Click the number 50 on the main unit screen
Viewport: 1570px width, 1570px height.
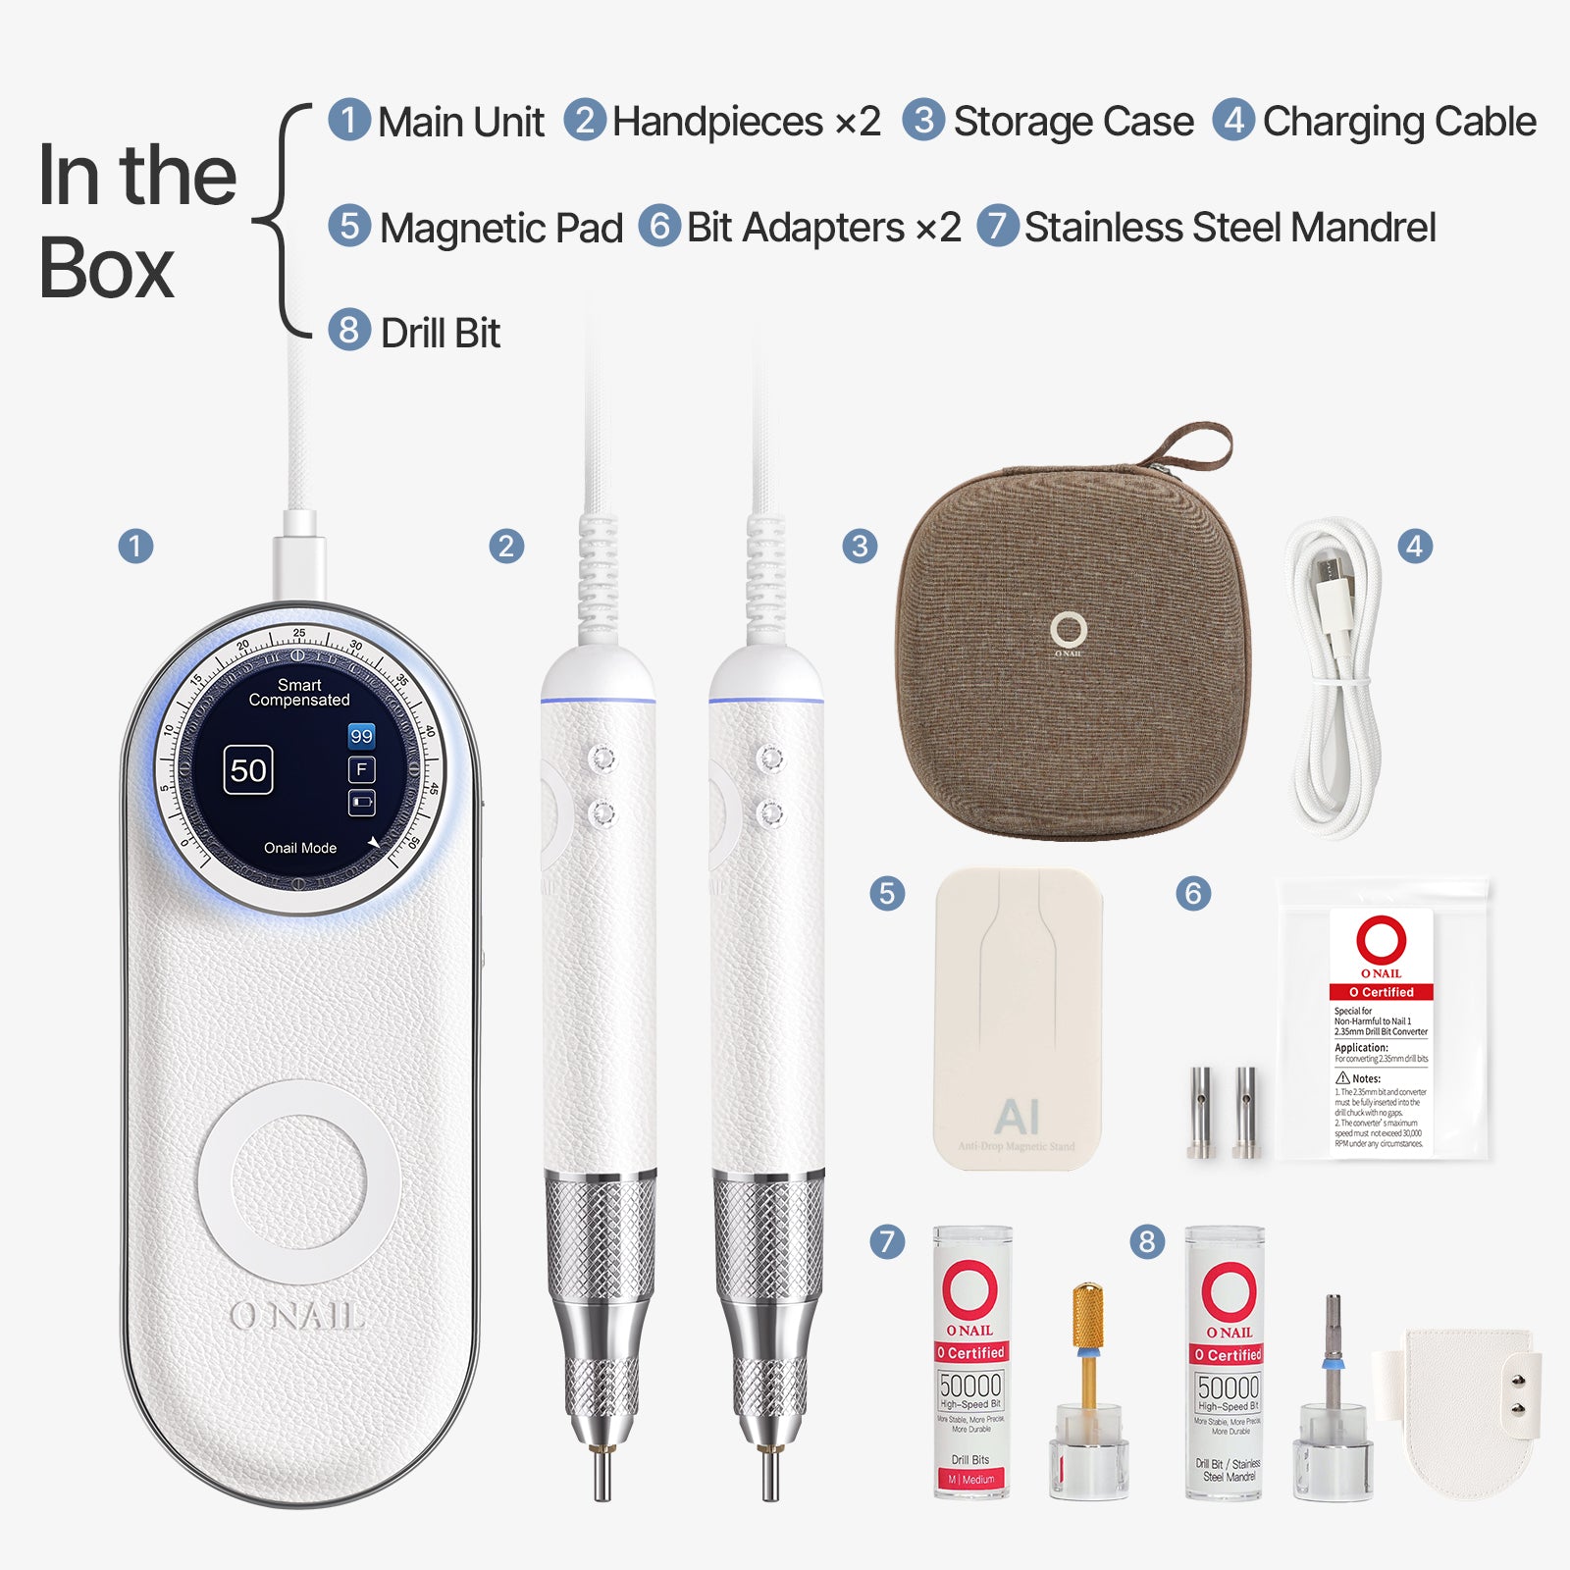(x=248, y=770)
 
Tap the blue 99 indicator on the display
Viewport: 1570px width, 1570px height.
(x=361, y=736)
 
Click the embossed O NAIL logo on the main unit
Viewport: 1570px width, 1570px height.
(x=297, y=1316)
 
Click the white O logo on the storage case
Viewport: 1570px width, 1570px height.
(x=1069, y=630)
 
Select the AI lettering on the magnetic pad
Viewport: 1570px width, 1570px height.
(x=1017, y=1117)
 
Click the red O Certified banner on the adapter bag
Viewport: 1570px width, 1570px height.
(x=1382, y=992)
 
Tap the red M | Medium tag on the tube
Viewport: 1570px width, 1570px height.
(x=970, y=1479)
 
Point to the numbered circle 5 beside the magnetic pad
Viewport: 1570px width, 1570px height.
(x=887, y=893)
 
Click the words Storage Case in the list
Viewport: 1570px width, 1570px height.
(x=1073, y=122)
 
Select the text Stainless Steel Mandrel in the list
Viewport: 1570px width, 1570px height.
(x=1230, y=228)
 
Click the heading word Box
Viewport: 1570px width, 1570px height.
(x=106, y=268)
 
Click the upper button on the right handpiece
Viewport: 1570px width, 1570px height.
(x=770, y=759)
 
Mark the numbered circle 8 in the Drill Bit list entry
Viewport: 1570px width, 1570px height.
(x=348, y=330)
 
